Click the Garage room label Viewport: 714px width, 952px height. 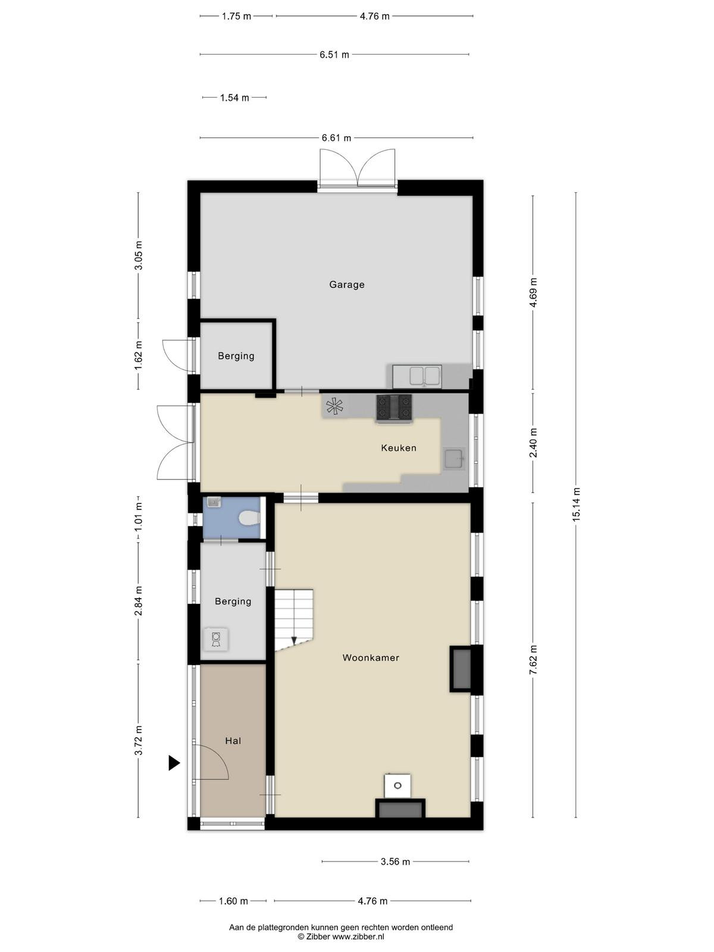click(x=346, y=284)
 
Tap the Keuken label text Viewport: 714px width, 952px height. click(x=399, y=447)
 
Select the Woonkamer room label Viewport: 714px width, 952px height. click(x=371, y=657)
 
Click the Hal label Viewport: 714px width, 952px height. click(x=233, y=741)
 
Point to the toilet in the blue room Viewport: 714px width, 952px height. click(x=249, y=518)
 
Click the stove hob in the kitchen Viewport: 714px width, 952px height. click(x=394, y=408)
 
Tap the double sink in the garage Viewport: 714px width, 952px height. click(x=416, y=376)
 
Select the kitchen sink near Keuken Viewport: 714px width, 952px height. click(x=454, y=459)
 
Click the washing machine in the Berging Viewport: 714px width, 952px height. click(x=216, y=639)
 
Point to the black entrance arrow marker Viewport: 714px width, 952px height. click(x=174, y=763)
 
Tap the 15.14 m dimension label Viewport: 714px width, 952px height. click(x=576, y=505)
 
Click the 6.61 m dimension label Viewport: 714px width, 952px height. click(x=336, y=138)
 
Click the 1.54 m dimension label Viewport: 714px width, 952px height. click(x=234, y=98)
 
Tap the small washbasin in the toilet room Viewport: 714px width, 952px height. click(x=214, y=502)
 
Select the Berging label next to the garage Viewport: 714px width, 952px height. click(x=236, y=356)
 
